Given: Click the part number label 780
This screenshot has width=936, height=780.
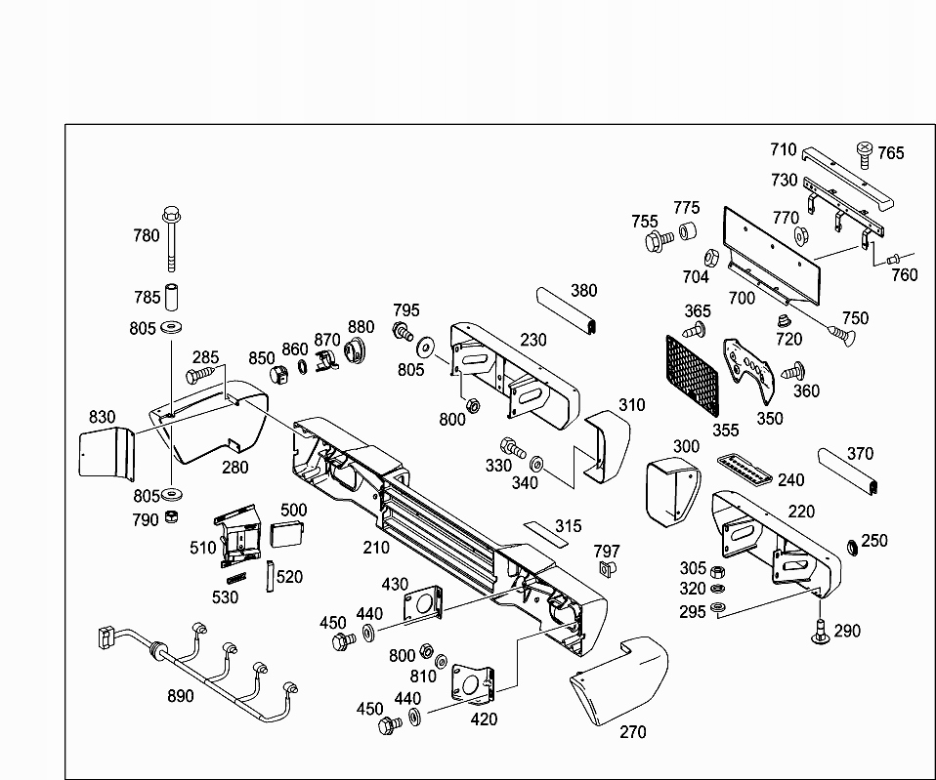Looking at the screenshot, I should coord(146,235).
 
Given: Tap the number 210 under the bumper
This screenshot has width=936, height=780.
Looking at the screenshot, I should coord(376,548).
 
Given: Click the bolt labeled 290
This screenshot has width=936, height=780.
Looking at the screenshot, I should coord(818,632).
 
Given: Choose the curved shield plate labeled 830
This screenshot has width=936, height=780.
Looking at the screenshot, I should coord(106,455).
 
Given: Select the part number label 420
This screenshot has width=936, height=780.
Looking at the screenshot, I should coord(483,719).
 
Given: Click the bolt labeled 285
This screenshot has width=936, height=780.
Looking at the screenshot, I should coord(199,373).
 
